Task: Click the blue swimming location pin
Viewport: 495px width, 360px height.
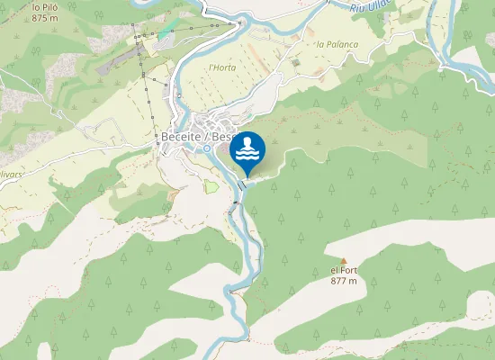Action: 247,152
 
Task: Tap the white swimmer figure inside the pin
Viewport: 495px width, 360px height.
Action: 247,144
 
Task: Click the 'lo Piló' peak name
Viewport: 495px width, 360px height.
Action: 45,7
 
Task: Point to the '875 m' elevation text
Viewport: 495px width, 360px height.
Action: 44,17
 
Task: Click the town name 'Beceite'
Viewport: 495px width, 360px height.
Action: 184,136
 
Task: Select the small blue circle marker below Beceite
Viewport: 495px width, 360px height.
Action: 207,148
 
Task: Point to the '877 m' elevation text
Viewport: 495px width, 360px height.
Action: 344,281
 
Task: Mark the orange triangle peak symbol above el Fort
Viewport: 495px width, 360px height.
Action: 343,261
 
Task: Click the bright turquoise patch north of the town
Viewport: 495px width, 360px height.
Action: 164,34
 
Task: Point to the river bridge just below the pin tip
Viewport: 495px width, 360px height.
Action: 241,184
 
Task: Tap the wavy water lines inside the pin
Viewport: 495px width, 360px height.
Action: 247,156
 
